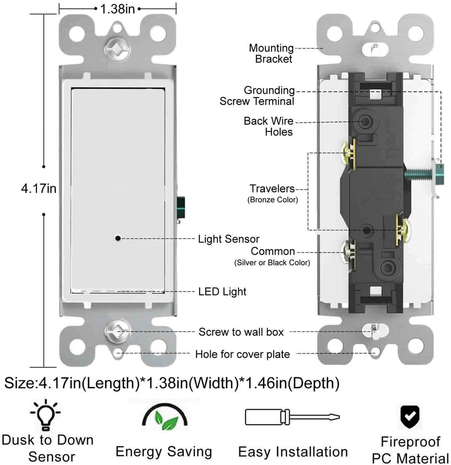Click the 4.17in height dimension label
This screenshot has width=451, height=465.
tap(39, 188)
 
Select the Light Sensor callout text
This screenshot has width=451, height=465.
tap(229, 239)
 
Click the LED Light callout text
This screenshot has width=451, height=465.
tap(222, 292)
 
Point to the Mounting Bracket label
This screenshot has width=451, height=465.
tap(271, 53)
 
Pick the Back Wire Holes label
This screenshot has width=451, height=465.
tap(268, 126)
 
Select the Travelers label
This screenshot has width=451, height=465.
tap(272, 189)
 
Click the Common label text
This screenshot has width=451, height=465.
tap(273, 252)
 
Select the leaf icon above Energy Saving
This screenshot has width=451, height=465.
tap(163, 418)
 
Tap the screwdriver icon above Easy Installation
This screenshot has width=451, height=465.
tap(293, 417)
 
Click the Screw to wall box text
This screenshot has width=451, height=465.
tap(241, 332)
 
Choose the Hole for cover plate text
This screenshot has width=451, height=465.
tap(242, 354)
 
